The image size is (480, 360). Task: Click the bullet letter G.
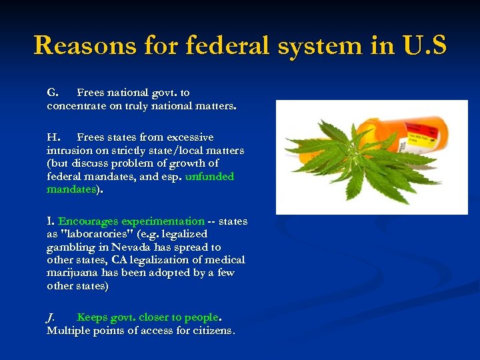[53, 93]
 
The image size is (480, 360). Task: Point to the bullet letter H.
[53, 137]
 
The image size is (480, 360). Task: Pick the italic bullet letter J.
[51, 317]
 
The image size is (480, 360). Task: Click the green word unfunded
[209, 177]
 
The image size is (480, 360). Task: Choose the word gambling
[71, 247]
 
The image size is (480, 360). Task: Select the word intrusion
[70, 151]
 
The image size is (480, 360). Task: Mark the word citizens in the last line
[213, 331]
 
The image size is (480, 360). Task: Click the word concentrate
[77, 106]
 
